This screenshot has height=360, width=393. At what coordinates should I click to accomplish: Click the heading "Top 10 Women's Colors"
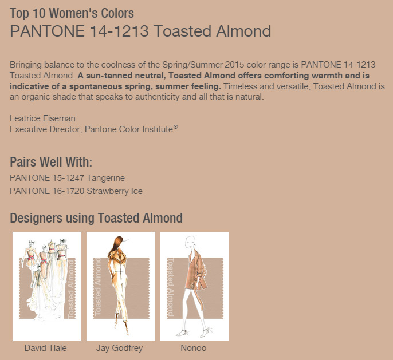pyautogui.click(x=72, y=13)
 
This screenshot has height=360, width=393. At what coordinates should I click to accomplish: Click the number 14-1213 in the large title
pyautogui.click(x=119, y=31)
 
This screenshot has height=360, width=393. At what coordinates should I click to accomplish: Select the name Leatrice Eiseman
pyautogui.click(x=42, y=118)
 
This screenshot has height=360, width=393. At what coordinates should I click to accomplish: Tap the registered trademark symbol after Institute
pyautogui.click(x=175, y=127)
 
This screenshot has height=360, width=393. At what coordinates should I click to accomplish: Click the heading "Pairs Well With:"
pyautogui.click(x=51, y=162)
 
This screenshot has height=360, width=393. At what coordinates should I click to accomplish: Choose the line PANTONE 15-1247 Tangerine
pyautogui.click(x=67, y=178)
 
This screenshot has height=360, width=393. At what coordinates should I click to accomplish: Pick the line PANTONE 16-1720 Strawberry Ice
pyautogui.click(x=76, y=191)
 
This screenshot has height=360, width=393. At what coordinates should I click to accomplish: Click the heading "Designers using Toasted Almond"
pyautogui.click(x=96, y=218)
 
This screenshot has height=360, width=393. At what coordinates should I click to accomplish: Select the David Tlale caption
pyautogui.click(x=46, y=348)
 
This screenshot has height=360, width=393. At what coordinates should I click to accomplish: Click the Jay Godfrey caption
pyautogui.click(x=120, y=348)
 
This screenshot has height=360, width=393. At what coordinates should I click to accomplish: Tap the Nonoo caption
pyautogui.click(x=194, y=348)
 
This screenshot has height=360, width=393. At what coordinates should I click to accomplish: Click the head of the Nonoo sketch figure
pyautogui.click(x=190, y=242)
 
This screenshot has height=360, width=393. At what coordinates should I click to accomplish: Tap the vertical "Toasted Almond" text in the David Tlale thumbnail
pyautogui.click(x=72, y=289)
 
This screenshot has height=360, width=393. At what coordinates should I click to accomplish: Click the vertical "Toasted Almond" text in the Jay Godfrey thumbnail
pyautogui.click(x=97, y=287)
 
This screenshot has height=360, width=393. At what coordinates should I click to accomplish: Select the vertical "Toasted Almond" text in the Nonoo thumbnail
pyautogui.click(x=171, y=287)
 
